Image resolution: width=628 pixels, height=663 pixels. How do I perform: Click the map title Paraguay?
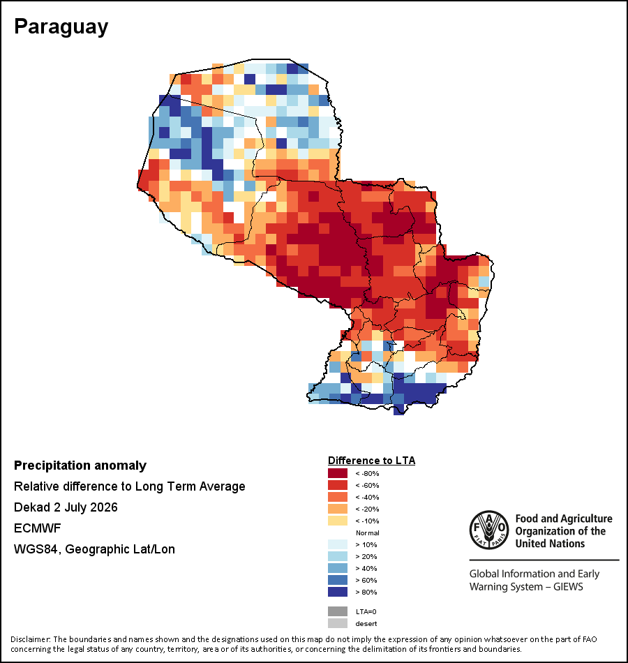click(x=61, y=27)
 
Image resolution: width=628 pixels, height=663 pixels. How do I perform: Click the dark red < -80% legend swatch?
click(x=338, y=473)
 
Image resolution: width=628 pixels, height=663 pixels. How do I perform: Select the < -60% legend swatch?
click(x=338, y=485)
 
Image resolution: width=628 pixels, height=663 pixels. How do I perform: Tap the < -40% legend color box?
click(x=338, y=497)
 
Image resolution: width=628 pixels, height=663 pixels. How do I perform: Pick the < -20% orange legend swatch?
click(x=338, y=509)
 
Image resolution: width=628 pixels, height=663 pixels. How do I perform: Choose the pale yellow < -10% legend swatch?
click(x=338, y=521)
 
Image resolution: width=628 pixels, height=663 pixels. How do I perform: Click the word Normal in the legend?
click(x=368, y=532)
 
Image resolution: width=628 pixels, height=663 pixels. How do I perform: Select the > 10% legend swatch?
click(x=338, y=544)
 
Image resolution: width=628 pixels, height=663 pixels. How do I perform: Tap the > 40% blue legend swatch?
click(x=338, y=568)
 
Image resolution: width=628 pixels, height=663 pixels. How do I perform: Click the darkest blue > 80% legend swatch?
click(x=338, y=592)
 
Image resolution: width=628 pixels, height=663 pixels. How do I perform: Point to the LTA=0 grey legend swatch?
click(x=338, y=611)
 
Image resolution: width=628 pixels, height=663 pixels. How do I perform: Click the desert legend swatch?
click(x=338, y=623)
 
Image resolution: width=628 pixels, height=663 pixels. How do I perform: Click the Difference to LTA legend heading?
click(x=371, y=461)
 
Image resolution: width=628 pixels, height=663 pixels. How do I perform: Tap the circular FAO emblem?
click(x=489, y=530)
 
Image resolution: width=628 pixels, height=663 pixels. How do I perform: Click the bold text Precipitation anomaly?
click(x=80, y=465)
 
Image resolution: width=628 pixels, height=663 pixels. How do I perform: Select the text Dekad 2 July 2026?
click(x=66, y=507)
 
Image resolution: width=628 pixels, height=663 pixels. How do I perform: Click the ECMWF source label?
click(x=37, y=528)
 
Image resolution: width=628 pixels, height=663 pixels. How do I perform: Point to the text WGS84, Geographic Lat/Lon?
click(x=94, y=549)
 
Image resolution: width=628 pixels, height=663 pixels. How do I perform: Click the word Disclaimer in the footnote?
click(x=30, y=639)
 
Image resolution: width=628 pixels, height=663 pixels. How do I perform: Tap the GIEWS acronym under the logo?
click(x=568, y=587)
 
